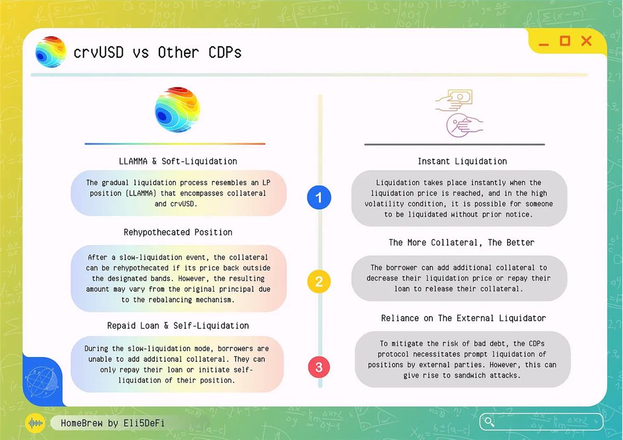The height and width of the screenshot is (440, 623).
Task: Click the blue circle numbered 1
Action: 319,197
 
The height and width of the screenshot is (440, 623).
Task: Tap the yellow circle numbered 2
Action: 319,281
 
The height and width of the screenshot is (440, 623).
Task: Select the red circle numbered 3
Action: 319,367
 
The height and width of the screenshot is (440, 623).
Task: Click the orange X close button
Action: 587,41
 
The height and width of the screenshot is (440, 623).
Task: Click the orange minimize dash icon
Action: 544,44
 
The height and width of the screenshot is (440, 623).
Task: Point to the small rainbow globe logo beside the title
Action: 51,52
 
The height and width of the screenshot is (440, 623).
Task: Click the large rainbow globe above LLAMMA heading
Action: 177,109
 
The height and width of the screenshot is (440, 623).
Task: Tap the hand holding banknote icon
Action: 454,100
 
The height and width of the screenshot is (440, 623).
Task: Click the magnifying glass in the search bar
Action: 489,422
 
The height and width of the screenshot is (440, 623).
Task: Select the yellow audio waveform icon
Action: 35,423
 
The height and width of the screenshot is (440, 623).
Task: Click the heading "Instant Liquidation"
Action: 462,161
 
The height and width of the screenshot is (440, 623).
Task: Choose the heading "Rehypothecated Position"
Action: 178,232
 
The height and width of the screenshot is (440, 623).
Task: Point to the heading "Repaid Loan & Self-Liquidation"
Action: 178,325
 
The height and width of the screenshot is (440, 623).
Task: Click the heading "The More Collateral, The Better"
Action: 462,242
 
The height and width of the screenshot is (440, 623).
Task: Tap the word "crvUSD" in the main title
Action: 99,52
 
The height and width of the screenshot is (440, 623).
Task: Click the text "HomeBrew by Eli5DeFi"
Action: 113,423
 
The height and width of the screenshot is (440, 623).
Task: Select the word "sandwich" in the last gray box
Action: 470,375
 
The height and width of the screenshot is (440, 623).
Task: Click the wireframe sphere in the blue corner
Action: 42,382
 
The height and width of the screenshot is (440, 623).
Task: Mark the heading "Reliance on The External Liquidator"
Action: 463,318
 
